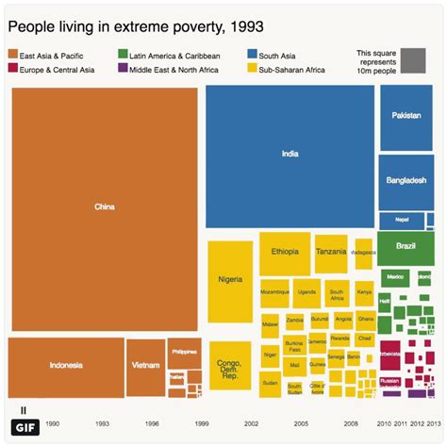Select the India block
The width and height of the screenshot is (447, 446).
290,155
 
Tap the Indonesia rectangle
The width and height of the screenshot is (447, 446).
66,366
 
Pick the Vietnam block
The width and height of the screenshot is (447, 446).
145,366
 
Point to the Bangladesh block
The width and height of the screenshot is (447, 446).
406,179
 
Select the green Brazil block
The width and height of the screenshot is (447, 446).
406,247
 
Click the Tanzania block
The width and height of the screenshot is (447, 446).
331,253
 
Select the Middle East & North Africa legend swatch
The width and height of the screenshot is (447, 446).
124,69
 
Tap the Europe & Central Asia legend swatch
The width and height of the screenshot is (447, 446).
13,69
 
